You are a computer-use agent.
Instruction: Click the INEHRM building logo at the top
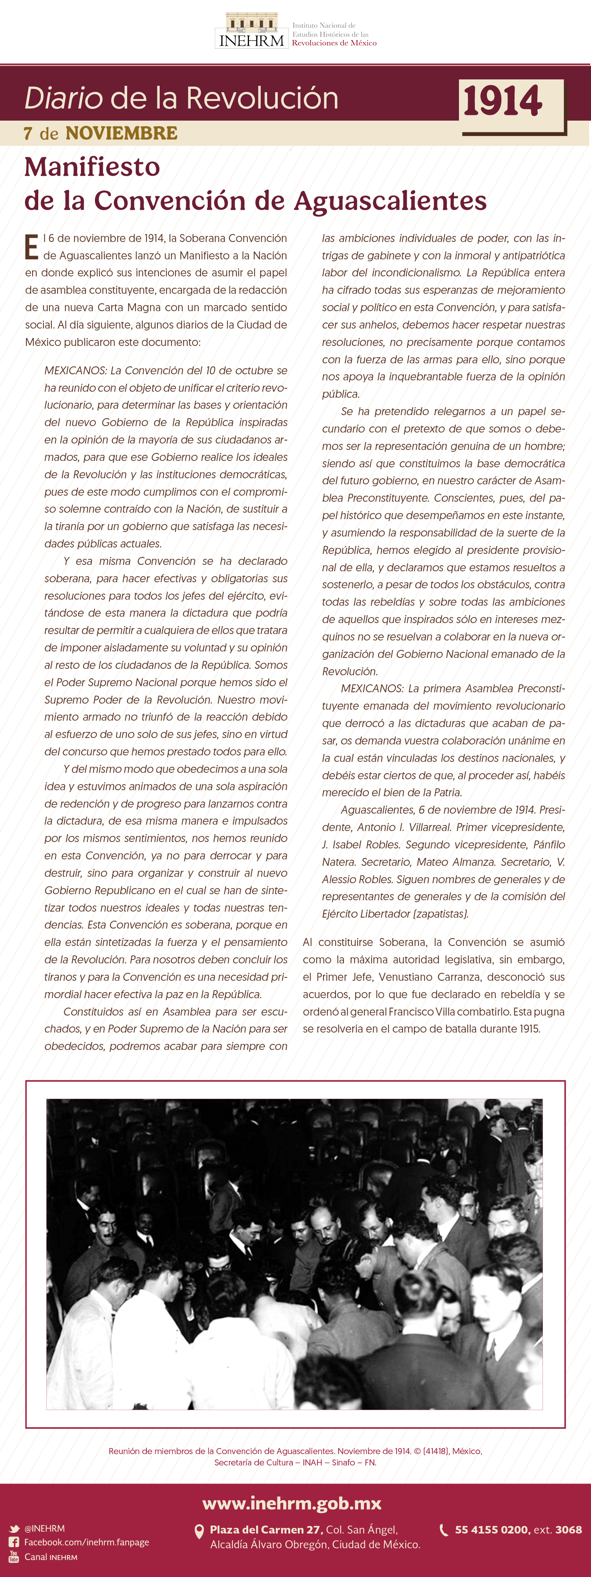point(251,31)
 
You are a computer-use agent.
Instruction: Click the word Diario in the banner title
point(63,98)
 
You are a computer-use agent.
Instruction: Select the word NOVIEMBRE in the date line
point(121,133)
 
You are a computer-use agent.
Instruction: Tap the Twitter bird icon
point(14,1529)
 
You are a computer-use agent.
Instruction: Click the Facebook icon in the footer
point(14,1542)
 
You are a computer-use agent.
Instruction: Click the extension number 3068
point(568,1529)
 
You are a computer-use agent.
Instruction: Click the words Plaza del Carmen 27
point(265,1529)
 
